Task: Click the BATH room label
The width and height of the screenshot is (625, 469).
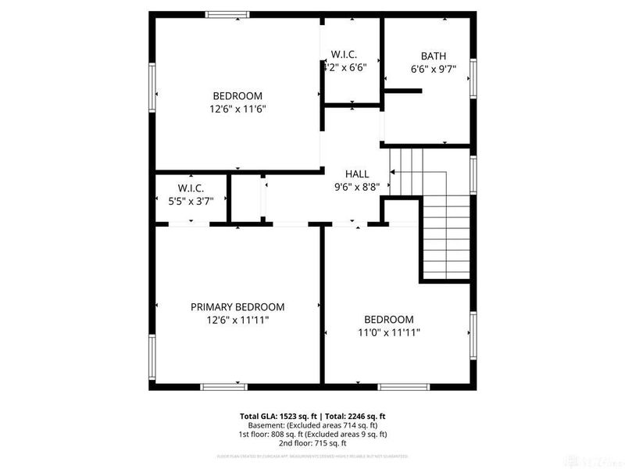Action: pos(434,55)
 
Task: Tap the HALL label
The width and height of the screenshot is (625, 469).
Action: pos(357,174)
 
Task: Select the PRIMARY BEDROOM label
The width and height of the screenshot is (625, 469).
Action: pos(237,307)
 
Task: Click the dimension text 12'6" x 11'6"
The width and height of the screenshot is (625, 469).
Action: pos(237,109)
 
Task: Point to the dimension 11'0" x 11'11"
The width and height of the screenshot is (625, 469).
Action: pos(388,332)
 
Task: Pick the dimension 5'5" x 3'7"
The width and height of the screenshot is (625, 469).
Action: pos(191,201)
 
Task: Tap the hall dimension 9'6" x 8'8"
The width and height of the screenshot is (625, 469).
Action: pos(357,187)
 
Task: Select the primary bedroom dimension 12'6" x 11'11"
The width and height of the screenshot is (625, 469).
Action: pos(237,320)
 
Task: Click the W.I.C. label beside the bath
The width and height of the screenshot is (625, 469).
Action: pos(344,54)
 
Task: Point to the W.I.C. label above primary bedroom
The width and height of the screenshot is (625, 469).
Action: pos(191,188)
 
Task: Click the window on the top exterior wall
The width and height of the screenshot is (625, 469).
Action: pos(227,13)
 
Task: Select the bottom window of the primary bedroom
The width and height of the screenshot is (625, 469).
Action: pos(224,385)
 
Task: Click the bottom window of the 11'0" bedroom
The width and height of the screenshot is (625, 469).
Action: pos(403,385)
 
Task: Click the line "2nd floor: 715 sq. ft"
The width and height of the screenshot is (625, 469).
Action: pos(312,443)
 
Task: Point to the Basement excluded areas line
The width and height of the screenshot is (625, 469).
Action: pos(312,425)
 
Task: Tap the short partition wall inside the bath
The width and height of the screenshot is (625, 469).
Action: pos(402,91)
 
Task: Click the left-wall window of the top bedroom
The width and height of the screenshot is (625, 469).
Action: pos(152,88)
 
